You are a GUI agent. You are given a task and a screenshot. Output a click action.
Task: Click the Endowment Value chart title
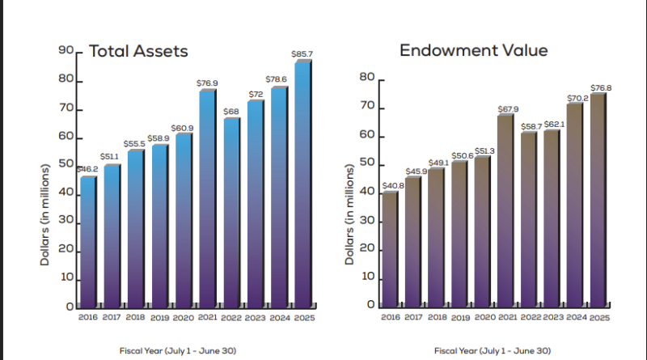click(473, 51)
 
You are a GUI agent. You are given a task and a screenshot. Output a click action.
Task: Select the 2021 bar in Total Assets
click(207, 198)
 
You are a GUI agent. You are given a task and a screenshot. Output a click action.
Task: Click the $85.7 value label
click(302, 54)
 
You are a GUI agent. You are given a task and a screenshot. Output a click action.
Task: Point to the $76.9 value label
click(208, 83)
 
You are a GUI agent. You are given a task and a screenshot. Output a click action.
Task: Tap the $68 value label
click(231, 111)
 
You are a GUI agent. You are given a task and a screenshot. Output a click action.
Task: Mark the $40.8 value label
click(389, 185)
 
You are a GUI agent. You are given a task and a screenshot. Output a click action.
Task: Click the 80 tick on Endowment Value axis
click(365, 78)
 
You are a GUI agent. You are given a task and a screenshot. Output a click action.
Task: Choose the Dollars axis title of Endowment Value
click(350, 214)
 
